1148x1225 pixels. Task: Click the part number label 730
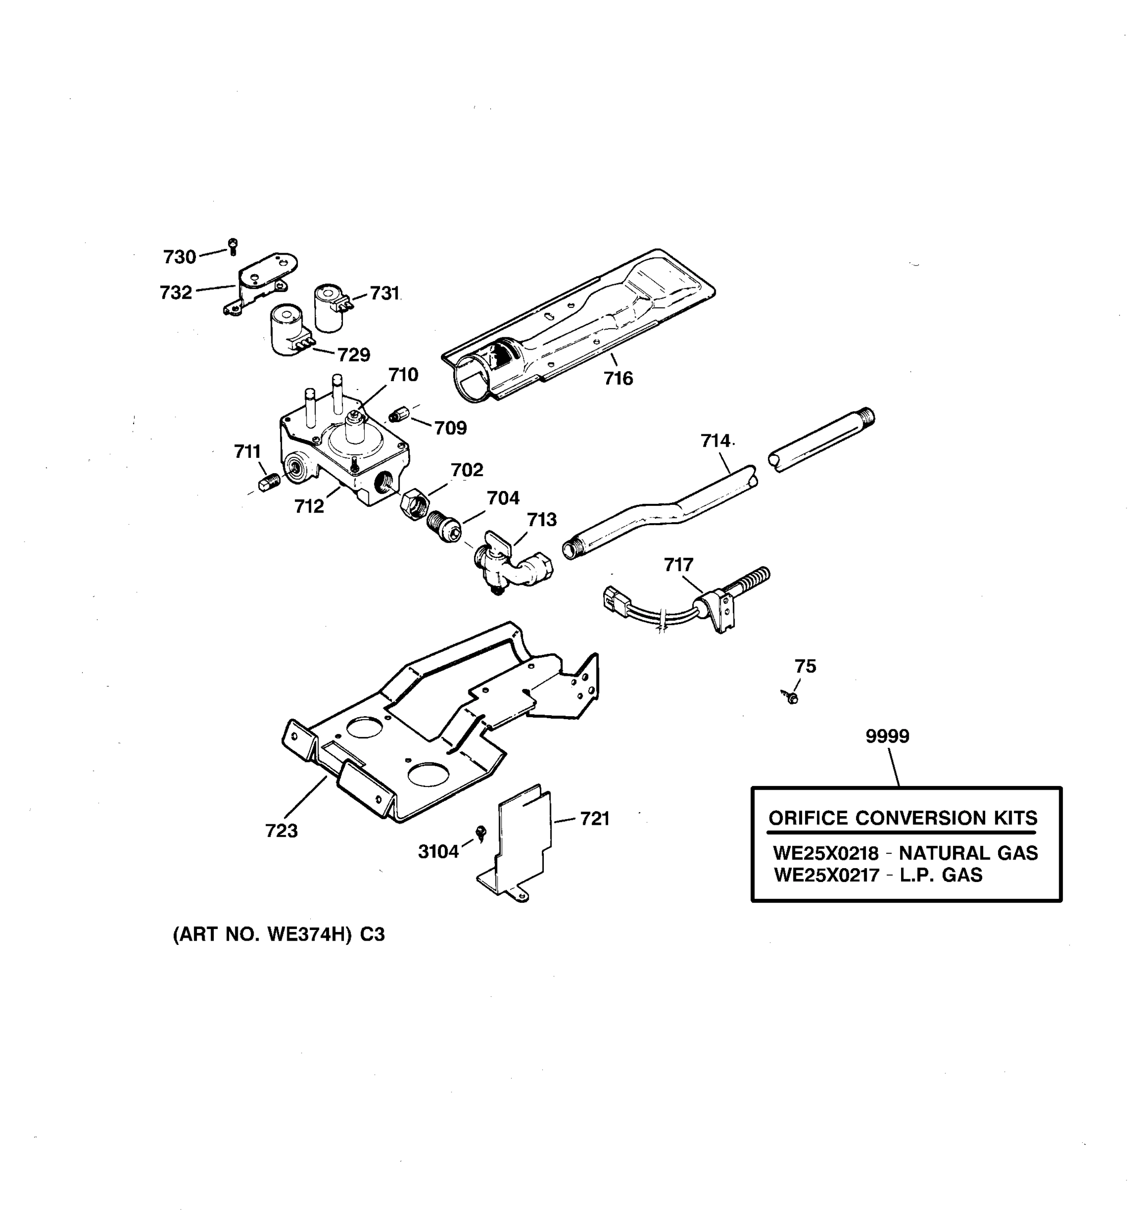pos(179,257)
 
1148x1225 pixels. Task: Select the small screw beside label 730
pos(233,246)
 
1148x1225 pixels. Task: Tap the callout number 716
pos(618,378)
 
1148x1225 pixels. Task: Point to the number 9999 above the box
pos(887,737)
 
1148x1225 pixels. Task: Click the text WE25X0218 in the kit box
pos(825,853)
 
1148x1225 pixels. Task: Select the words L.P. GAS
pos(940,875)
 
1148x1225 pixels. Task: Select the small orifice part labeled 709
pos(399,414)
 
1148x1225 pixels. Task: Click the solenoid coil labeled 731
pos(330,307)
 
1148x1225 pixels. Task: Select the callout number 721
pos(594,819)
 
